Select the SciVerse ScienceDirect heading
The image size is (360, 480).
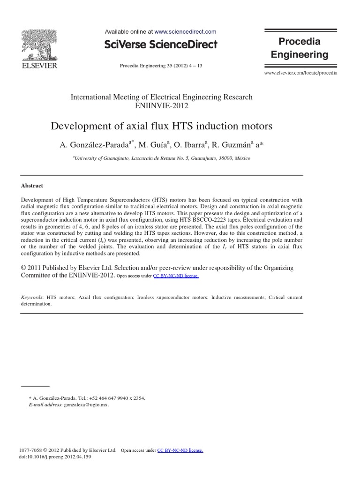161,45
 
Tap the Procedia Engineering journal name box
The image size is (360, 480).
300,48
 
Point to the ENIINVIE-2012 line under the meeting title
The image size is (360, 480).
161,106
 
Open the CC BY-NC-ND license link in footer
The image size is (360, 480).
180,450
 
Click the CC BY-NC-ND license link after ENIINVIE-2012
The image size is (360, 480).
176,276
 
